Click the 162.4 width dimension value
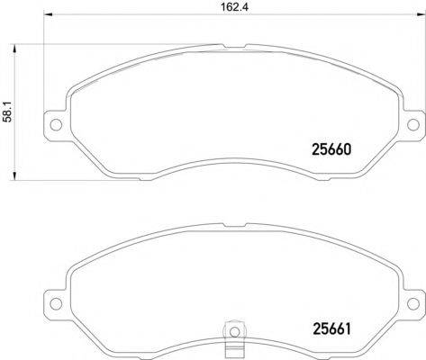235,7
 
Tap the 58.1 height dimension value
8,112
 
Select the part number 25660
331,149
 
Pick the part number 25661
331,328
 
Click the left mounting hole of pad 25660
56,124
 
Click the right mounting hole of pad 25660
413,124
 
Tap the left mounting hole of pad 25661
56,303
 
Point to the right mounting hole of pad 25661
413,303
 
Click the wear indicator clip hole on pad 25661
234,331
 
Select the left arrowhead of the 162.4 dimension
48,14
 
